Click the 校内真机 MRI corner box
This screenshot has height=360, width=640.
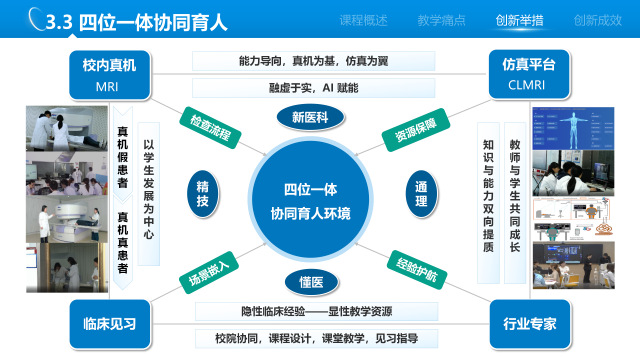109,75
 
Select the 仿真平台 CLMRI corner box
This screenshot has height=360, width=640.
529,74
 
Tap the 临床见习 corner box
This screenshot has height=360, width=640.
110,324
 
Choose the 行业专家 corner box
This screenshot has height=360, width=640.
530,324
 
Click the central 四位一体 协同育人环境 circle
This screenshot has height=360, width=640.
311,200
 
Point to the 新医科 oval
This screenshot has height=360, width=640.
311,118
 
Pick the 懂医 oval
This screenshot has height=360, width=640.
311,282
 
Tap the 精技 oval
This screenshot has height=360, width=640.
203,194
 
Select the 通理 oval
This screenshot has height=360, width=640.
421,194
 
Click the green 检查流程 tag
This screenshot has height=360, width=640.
210,128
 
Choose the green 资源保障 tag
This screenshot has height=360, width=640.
416,130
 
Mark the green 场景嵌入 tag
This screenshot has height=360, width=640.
209,272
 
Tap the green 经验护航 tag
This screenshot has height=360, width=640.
417,270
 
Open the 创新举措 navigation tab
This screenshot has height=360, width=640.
519,20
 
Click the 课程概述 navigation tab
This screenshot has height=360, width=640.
363,20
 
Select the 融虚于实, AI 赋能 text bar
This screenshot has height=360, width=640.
313,88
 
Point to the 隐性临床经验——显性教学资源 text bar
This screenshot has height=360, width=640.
316,312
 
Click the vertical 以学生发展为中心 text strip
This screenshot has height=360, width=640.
149,194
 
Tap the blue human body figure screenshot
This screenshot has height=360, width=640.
573,128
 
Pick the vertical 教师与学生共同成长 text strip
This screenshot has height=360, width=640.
515,203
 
